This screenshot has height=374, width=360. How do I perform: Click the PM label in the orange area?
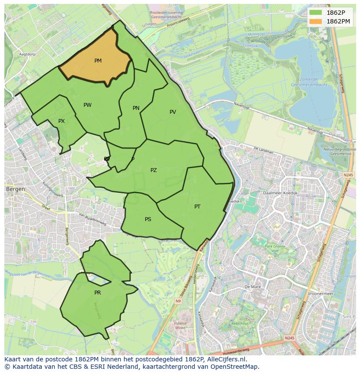[x=98, y=61]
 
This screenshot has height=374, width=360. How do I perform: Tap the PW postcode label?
[x=87, y=105]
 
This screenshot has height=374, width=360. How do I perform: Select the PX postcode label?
[x=61, y=121]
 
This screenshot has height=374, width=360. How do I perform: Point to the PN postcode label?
[x=136, y=108]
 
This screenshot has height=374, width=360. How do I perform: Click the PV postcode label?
[x=173, y=112]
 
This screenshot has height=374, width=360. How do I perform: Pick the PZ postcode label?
[x=153, y=170]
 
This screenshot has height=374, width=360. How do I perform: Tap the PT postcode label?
[x=197, y=207]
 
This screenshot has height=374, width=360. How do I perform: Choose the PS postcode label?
[x=148, y=219]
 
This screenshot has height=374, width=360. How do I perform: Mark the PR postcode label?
[x=97, y=293]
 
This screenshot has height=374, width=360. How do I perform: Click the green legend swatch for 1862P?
[x=316, y=13]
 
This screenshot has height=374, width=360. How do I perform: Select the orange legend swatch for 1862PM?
[x=316, y=21]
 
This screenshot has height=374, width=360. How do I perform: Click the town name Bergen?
[x=15, y=189]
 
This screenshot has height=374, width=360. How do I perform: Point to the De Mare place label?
[x=252, y=287]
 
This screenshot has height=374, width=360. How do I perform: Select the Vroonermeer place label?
[x=320, y=294]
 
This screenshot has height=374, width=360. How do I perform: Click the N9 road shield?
[x=178, y=301]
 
